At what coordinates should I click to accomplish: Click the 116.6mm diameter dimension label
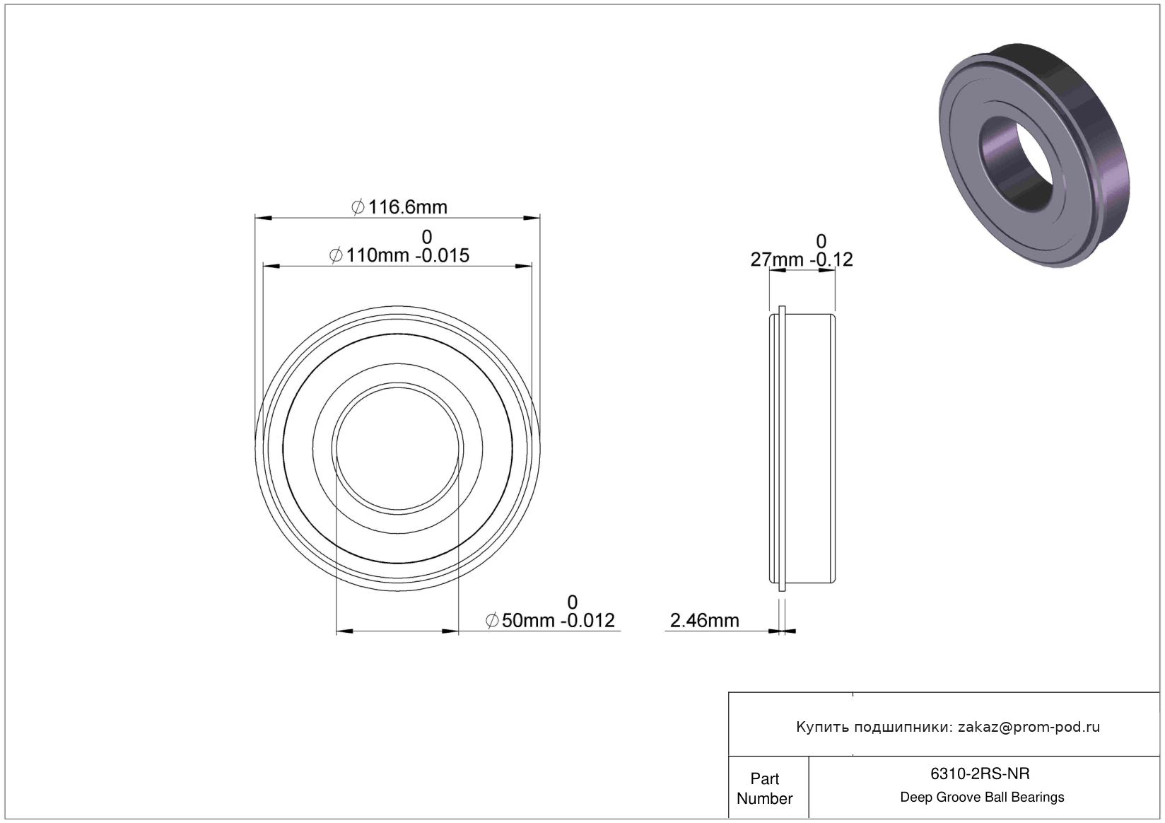click(399, 207)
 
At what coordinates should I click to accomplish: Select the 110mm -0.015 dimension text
click(399, 255)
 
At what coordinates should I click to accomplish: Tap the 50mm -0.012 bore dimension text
click(550, 621)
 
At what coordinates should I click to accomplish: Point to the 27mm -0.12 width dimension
click(802, 259)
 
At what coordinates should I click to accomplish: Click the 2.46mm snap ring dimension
click(704, 621)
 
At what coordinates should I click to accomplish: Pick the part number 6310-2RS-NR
click(980, 774)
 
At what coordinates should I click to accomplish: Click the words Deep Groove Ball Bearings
click(982, 797)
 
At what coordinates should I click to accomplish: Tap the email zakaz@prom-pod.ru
click(1029, 727)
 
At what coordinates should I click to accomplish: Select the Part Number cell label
click(765, 788)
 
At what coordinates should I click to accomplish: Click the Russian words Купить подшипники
click(874, 727)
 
